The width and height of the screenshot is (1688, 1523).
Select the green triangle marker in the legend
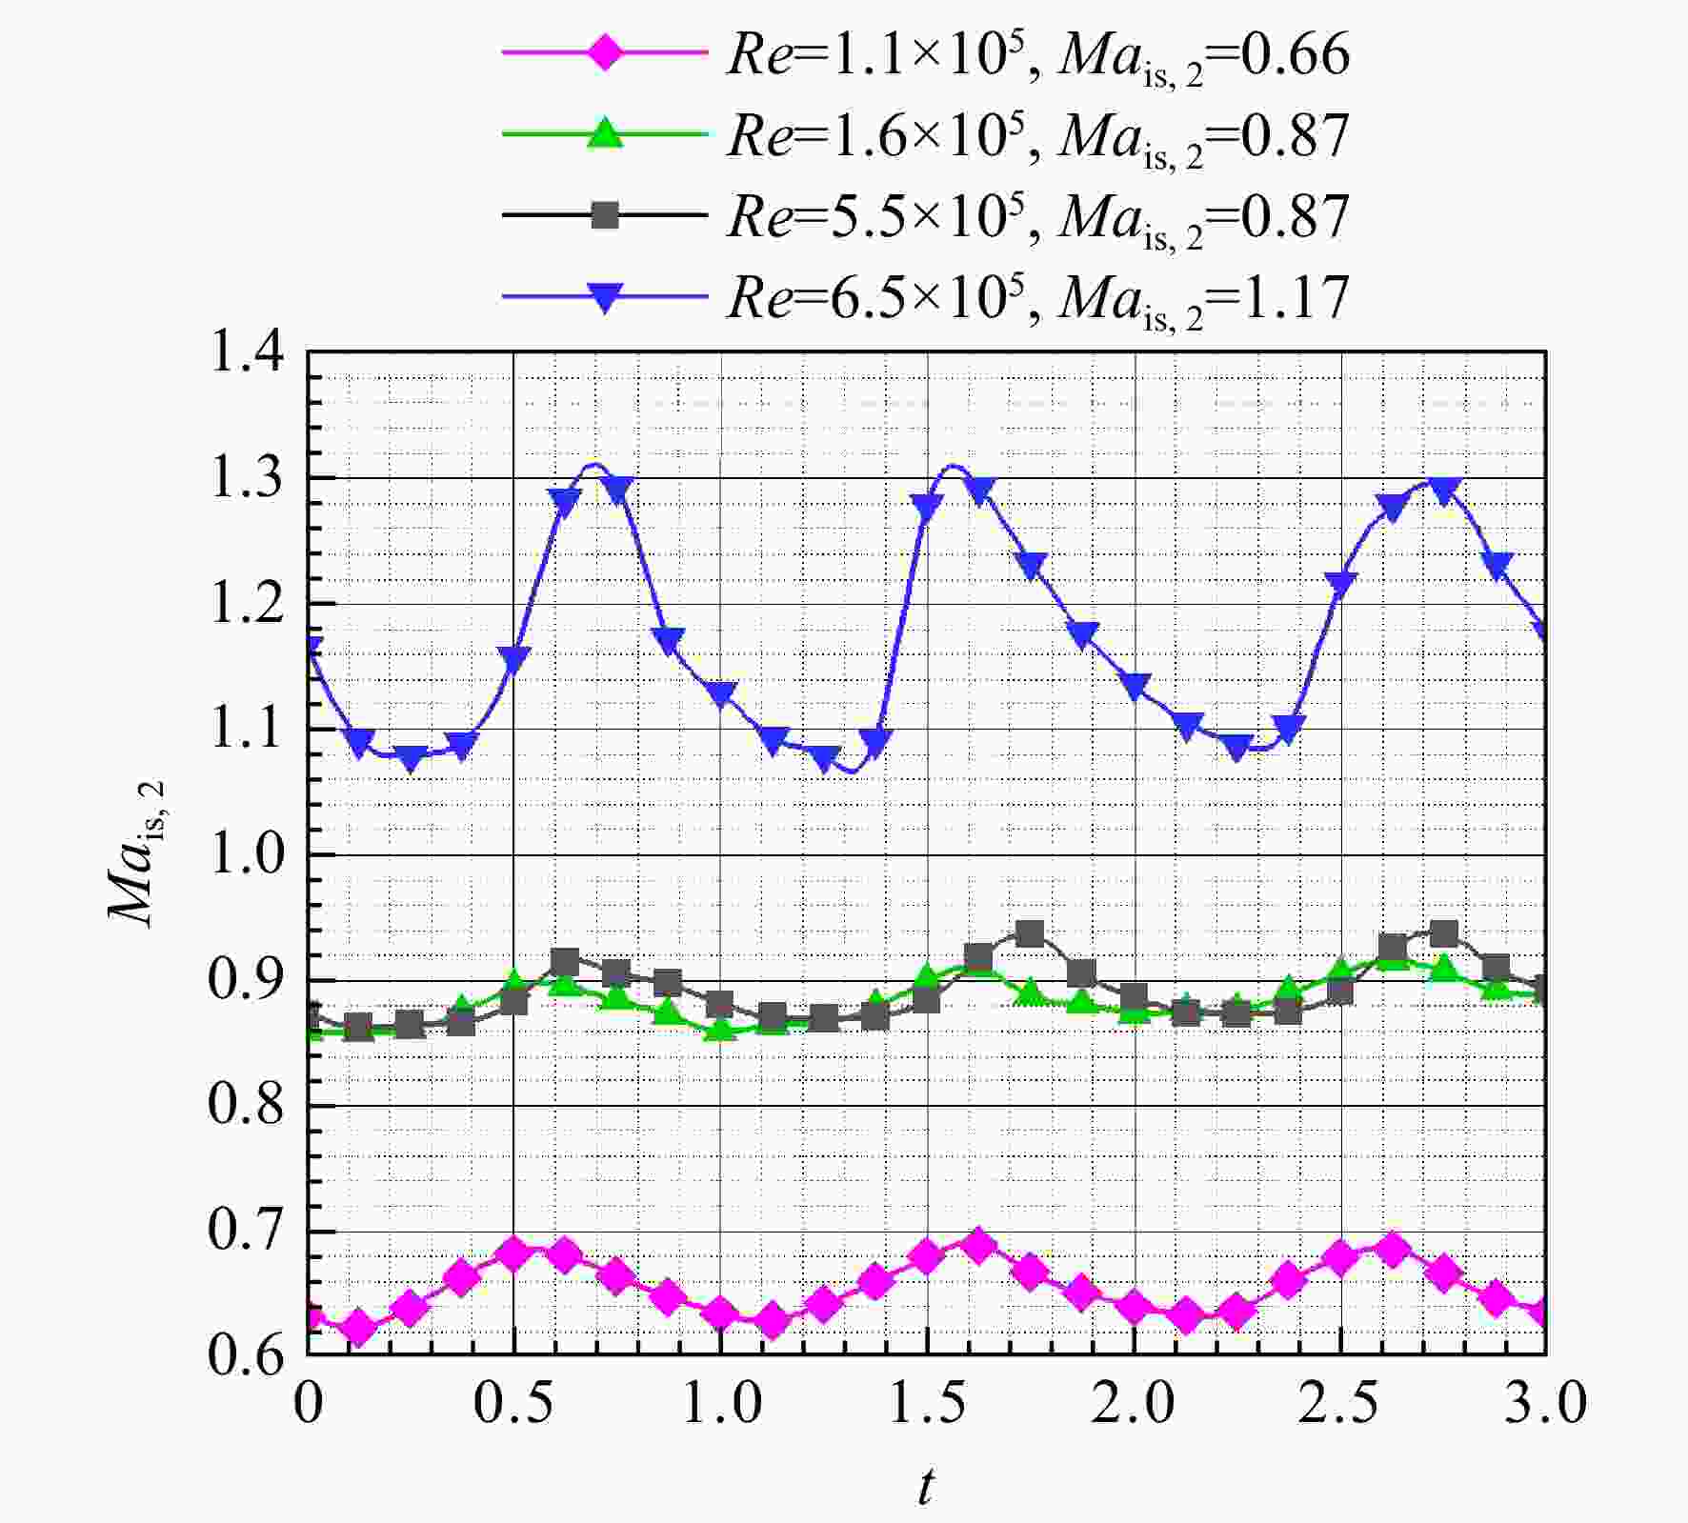(604, 132)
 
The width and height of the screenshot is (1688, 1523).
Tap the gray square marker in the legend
(604, 215)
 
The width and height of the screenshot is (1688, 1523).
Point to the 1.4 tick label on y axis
(247, 352)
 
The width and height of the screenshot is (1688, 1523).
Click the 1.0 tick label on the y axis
(247, 854)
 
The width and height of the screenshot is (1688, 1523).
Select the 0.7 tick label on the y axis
(247, 1231)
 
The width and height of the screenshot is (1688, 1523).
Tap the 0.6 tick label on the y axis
(247, 1355)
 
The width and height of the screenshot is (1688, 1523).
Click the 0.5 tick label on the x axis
(514, 1404)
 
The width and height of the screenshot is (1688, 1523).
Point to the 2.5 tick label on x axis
(1340, 1404)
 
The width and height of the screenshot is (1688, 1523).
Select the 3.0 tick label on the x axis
(1546, 1404)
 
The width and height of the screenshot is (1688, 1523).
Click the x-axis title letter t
(926, 1487)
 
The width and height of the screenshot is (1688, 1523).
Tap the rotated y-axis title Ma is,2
(138, 852)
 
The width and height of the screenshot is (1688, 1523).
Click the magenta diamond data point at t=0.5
(514, 1253)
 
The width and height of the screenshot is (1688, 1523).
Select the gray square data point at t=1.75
(1030, 933)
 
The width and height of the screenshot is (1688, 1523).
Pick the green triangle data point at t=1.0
(720, 1029)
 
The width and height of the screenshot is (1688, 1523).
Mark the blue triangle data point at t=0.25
(412, 759)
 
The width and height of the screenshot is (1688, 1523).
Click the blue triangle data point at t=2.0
(1134, 686)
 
